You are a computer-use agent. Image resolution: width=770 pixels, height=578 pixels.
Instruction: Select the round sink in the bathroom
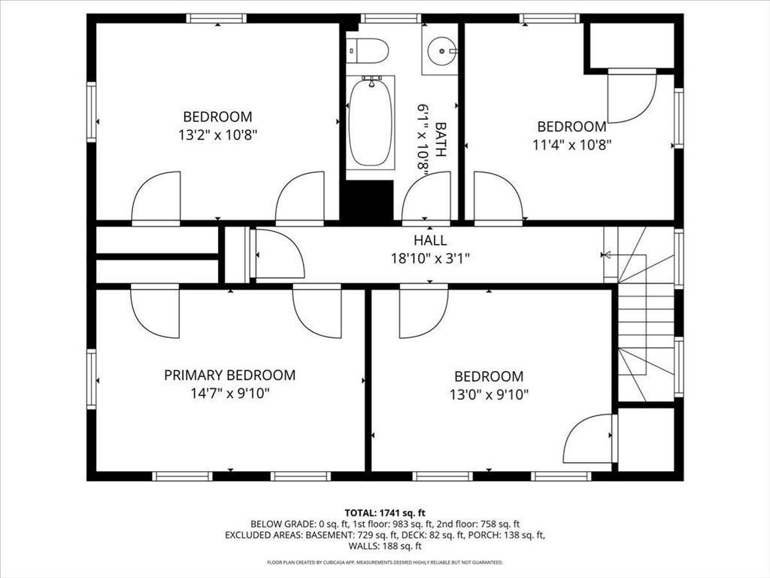(x=440, y=50)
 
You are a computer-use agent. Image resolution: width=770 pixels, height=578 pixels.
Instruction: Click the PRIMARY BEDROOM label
(x=229, y=375)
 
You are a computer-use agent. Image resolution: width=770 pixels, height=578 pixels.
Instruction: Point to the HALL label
(x=429, y=241)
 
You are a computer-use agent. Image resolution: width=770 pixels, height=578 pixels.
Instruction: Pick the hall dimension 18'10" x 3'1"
(x=429, y=258)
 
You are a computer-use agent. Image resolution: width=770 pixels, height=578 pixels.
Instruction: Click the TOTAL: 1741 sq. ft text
(x=384, y=512)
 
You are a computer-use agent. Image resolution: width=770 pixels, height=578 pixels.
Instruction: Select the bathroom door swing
(x=426, y=199)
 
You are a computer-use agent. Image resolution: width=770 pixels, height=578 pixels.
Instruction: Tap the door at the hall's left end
(x=278, y=254)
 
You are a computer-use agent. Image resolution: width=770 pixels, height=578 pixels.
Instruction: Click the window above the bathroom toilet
(x=390, y=18)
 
